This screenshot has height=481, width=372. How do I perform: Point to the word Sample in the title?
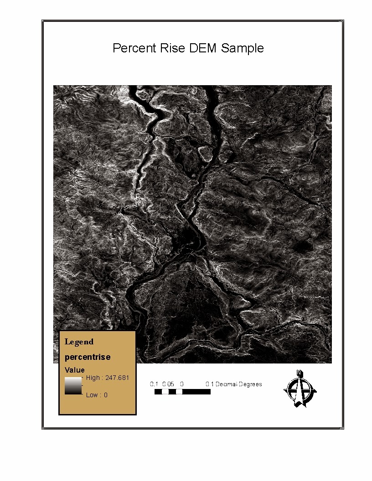tap(242, 48)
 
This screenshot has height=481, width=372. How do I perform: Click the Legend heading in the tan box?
tap(79, 342)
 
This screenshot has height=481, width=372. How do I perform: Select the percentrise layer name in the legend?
tap(88, 357)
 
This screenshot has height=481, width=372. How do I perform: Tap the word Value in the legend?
tap(75, 370)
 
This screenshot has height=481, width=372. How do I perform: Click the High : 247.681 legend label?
tap(108, 378)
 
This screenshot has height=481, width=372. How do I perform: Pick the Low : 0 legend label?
tap(97, 395)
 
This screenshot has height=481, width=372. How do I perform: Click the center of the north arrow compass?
tap(300, 390)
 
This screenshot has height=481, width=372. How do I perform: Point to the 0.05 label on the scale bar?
tap(168, 384)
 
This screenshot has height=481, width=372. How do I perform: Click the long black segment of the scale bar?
tap(196, 392)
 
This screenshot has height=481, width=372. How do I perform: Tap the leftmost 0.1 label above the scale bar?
tap(154, 384)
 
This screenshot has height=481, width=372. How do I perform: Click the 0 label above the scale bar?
tap(181, 384)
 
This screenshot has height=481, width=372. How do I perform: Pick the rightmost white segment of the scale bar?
tap(179, 392)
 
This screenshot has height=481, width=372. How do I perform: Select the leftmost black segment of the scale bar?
tap(158, 392)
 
